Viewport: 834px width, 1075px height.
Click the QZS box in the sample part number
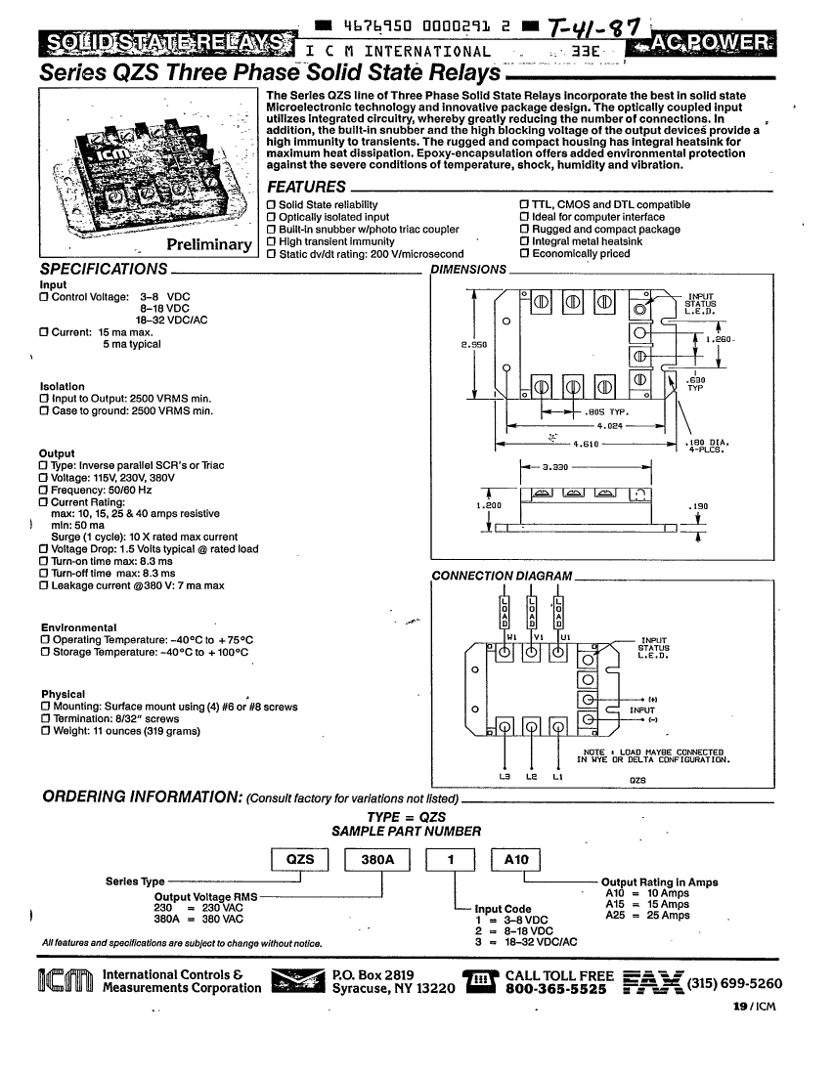point(299,859)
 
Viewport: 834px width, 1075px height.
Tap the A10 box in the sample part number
point(515,859)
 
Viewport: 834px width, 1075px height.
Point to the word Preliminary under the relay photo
point(209,244)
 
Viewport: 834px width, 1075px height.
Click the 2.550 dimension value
point(473,345)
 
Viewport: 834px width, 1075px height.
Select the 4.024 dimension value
point(609,426)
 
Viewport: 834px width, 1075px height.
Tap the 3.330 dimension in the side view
point(556,467)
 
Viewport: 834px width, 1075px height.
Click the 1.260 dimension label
point(720,339)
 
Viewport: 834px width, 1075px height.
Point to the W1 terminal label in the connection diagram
point(510,636)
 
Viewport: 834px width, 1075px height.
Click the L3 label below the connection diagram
point(505,777)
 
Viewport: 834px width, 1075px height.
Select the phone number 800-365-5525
point(559,989)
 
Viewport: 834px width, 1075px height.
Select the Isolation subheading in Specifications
point(61,387)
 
